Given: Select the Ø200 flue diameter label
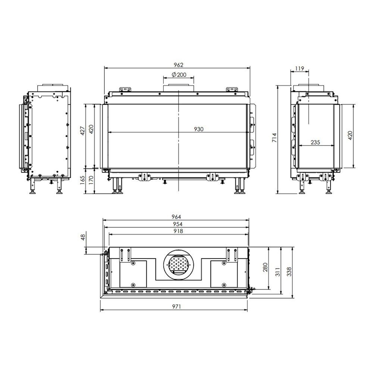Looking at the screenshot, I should [x=179, y=75].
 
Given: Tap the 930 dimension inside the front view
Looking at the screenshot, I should [x=198, y=129].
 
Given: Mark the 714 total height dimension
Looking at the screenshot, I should [x=275, y=139].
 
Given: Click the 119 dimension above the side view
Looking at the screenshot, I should [x=299, y=69].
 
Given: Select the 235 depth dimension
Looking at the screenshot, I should [x=316, y=142].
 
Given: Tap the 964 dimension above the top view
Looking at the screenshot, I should [x=176, y=217].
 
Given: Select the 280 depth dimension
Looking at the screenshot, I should [x=265, y=267].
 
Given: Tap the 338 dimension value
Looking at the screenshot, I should [x=289, y=272].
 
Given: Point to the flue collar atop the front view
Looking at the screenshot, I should [x=178, y=87].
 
